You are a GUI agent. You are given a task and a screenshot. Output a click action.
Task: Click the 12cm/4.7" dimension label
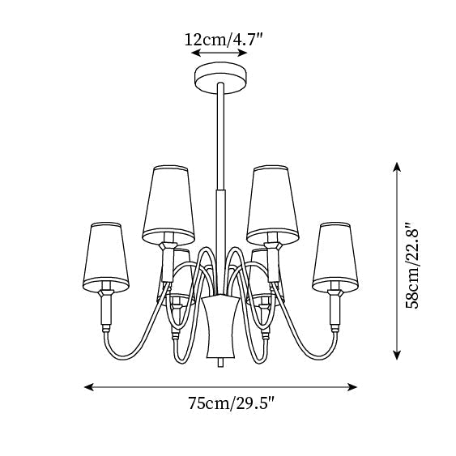[224, 40]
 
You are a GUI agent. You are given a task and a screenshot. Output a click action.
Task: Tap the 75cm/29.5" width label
[231, 403]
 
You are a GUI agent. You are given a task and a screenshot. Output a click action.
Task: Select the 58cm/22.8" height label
[412, 265]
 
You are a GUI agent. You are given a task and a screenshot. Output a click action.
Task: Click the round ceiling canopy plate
[221, 78]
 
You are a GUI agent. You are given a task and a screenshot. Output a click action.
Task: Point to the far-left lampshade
[106, 257]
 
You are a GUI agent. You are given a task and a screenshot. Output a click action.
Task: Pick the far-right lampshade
[335, 257]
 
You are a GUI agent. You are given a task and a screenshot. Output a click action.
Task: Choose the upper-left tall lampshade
[168, 205]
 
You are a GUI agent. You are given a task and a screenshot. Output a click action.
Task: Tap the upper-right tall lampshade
[272, 205]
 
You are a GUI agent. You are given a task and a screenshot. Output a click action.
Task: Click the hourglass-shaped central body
[221, 326]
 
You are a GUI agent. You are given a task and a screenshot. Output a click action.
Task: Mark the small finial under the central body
[221, 363]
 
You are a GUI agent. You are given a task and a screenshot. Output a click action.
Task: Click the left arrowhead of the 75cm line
[88, 387]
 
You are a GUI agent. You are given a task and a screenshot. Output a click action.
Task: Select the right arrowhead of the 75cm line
[352, 387]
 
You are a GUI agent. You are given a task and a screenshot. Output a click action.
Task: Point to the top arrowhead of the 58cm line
[397, 167]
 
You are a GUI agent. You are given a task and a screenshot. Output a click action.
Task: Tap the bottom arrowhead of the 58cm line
[397, 355]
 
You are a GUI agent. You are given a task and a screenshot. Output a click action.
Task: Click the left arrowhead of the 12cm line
[195, 53]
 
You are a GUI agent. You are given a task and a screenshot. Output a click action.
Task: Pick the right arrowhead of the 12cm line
[243, 53]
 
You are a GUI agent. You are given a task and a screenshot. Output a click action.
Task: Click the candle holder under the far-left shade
[106, 310]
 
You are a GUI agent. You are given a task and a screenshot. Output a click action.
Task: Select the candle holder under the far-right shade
[335, 310]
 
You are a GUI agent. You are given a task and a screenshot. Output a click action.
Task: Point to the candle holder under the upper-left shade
[168, 262]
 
